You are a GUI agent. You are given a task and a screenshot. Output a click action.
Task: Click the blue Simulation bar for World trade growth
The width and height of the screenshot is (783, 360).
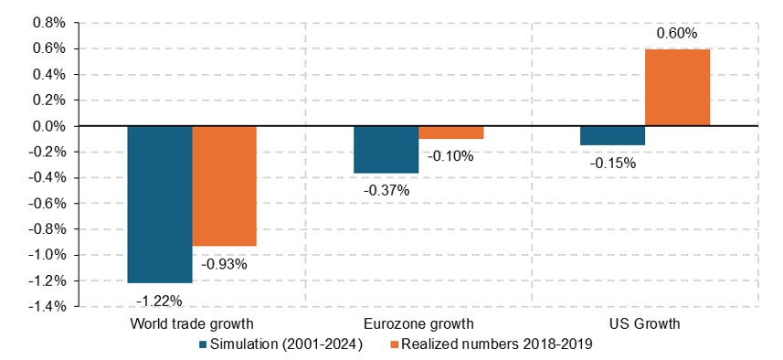[160, 204]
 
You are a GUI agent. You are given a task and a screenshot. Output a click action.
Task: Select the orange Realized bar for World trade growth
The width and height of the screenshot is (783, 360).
[224, 185]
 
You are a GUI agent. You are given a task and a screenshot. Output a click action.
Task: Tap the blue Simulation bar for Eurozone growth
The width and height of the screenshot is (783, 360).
[386, 149]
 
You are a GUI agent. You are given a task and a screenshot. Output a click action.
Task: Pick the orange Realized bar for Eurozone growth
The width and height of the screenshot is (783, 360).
[450, 132]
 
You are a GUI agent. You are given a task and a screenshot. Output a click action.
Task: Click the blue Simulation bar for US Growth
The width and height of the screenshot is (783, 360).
[612, 135]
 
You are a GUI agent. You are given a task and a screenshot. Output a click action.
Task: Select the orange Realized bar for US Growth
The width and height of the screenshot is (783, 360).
[677, 87]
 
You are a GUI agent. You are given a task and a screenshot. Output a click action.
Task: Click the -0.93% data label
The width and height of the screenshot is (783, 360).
[224, 264]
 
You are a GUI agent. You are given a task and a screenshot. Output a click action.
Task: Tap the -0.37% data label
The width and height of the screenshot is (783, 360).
[386, 190]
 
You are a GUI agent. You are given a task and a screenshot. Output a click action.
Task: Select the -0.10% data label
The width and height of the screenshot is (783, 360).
[450, 155]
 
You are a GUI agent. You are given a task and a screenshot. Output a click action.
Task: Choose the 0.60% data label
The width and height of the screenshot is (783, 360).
[677, 34]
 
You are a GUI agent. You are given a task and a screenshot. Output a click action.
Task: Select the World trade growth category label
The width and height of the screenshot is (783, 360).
[192, 324]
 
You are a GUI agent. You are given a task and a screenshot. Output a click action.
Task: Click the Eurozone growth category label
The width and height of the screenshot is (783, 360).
[418, 324]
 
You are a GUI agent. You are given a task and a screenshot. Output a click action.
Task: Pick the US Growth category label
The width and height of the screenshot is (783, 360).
[645, 324]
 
